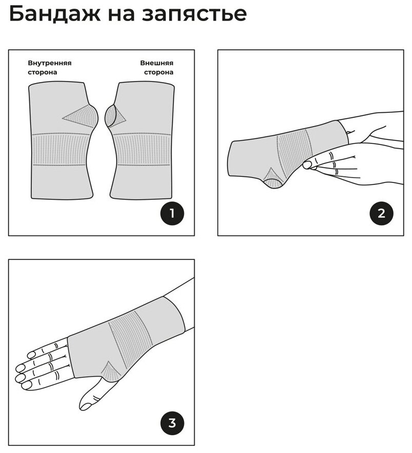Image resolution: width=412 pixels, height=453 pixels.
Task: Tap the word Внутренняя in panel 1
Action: point(50,63)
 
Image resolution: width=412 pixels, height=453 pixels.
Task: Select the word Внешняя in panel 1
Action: point(157,63)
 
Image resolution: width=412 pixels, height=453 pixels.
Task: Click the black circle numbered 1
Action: point(172,214)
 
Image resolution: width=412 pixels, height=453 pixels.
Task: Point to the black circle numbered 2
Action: point(381,214)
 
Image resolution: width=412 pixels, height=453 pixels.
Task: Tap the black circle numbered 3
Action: point(172,423)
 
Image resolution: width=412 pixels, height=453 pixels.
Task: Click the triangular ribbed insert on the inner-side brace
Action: point(81,116)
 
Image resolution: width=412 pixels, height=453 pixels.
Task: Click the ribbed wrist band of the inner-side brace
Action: point(60,150)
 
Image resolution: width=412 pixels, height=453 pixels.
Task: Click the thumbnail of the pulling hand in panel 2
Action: point(307,165)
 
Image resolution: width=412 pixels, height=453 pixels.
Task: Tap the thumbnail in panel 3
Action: point(85,406)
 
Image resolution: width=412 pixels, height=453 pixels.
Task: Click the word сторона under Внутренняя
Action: point(42,72)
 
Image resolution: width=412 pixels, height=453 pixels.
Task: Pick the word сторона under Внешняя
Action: point(159,72)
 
